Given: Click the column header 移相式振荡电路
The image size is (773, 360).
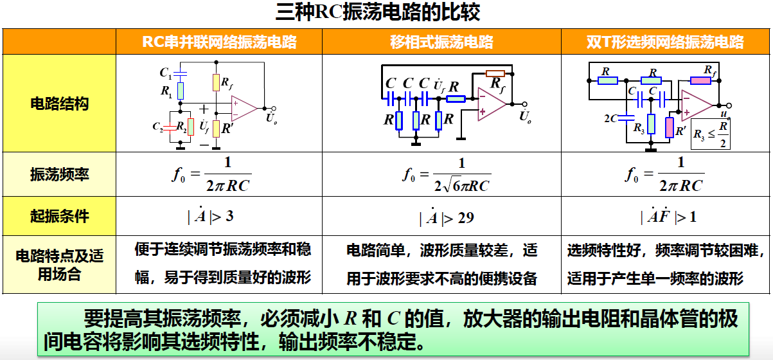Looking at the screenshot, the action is pyautogui.click(x=441, y=42).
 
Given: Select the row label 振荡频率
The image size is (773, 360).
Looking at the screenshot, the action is pyautogui.click(x=59, y=174).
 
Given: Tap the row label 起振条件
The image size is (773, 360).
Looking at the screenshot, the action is pyautogui.click(x=59, y=216).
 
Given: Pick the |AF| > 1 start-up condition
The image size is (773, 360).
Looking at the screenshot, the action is pyautogui.click(x=668, y=217).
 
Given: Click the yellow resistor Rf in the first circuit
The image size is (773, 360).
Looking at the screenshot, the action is pyautogui.click(x=216, y=82).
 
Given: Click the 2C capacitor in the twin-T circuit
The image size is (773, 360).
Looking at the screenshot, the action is pyautogui.click(x=628, y=118).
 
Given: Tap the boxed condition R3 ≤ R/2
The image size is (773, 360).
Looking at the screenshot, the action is pyautogui.click(x=711, y=134).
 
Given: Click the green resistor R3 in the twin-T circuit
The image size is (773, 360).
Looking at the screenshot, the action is pyautogui.click(x=651, y=123).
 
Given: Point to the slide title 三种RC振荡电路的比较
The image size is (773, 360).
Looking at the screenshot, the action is pyautogui.click(x=386, y=13).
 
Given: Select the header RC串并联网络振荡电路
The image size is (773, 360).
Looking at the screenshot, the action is pyautogui.click(x=219, y=42).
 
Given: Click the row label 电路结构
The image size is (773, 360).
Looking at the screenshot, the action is pyautogui.click(x=59, y=104).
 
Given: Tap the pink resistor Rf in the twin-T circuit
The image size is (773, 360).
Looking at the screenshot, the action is pyautogui.click(x=700, y=80).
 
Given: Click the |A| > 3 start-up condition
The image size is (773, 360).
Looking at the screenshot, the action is pyautogui.click(x=211, y=216).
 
